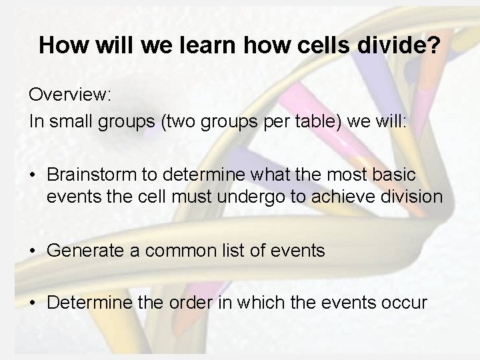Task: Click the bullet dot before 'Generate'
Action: point(33,252)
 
